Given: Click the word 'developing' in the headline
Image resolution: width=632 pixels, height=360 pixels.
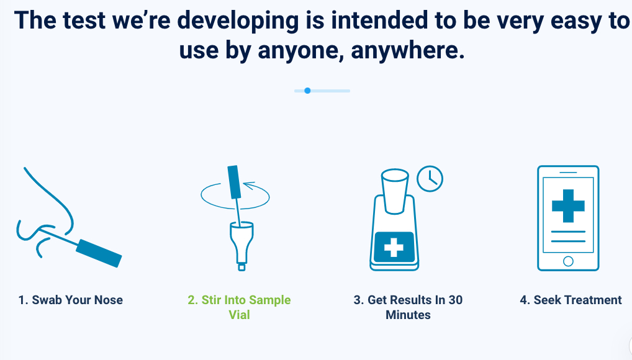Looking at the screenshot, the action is pos(238,22).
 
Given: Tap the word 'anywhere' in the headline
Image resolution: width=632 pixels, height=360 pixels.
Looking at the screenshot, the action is pos(408,51).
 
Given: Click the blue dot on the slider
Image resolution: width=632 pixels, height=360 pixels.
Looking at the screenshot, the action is pos(307,91).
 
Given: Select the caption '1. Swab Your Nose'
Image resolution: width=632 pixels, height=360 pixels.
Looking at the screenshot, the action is pos(71,300).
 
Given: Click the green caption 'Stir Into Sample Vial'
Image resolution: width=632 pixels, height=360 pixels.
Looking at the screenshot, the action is pos(240,307).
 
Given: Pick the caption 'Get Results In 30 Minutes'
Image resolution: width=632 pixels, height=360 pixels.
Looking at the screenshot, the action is pos(408,307).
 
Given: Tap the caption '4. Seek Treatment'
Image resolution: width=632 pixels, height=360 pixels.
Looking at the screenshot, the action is pos(571,300).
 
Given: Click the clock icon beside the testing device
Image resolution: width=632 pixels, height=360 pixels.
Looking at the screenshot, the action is pos(430,179).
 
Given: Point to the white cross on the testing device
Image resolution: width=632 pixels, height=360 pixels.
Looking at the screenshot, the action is pos(394,246).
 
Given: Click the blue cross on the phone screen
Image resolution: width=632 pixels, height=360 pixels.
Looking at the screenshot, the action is pos(568,206).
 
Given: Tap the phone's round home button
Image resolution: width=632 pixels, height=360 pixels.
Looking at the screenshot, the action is pos(568,261).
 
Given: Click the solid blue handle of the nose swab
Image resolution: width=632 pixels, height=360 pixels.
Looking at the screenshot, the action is pos(99,253).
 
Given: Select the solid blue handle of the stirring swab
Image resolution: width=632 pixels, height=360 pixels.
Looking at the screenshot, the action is pos(235,182).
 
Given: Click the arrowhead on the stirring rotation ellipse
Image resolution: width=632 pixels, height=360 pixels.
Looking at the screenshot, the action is pos(249,186).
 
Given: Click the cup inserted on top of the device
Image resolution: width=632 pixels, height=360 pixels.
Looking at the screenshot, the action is pos(395,191).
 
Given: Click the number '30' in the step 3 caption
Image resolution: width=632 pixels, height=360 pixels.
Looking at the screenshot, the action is pos(456,300).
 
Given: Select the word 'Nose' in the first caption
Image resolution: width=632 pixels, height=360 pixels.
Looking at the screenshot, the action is pos(109,300).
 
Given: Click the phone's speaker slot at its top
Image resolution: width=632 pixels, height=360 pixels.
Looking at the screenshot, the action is pos(568,173).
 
